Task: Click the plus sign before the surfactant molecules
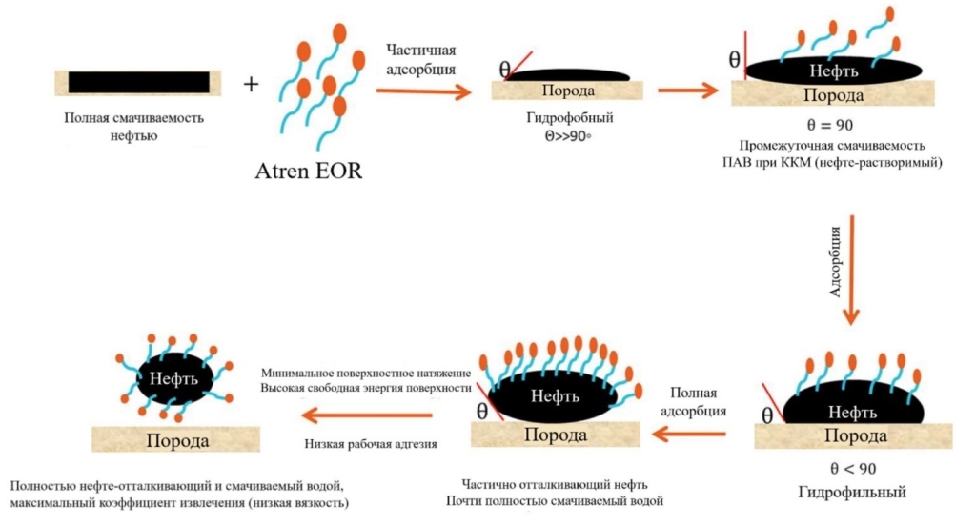point(252,84)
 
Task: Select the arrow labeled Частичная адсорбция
point(423,91)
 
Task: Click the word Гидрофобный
point(569,118)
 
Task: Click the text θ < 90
point(833,469)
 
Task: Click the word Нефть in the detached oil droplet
point(173,378)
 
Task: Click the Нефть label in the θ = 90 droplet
point(834,71)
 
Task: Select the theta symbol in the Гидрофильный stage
point(767,415)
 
